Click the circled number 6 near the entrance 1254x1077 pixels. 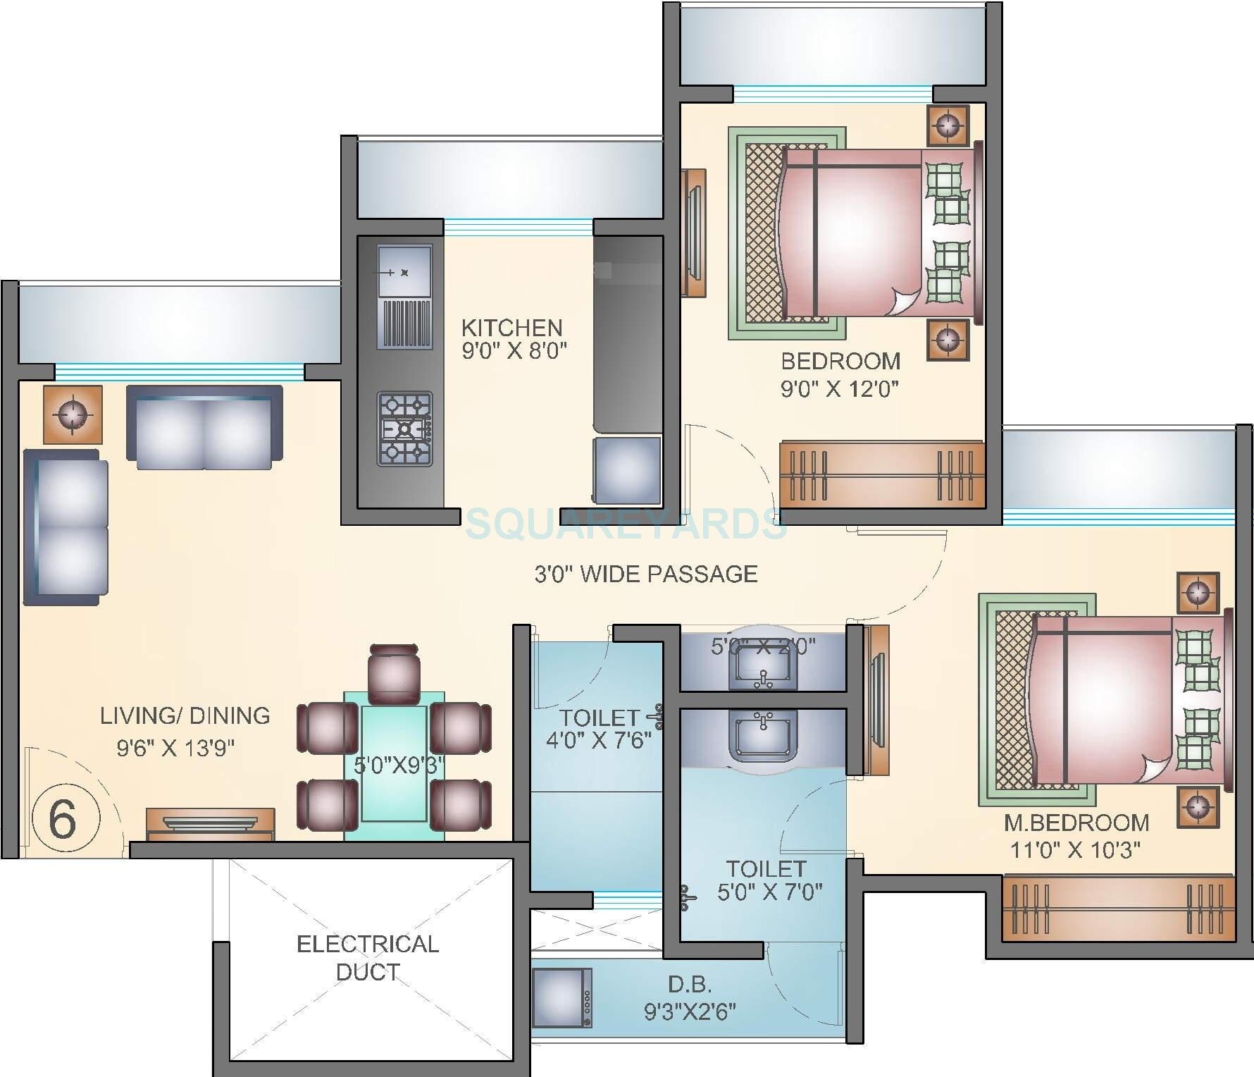(63, 818)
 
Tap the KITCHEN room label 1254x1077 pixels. (512, 328)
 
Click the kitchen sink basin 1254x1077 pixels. (404, 271)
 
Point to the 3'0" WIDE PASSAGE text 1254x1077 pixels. (646, 574)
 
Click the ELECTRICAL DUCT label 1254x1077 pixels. (368, 958)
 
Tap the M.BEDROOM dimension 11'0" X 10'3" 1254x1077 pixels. (1075, 849)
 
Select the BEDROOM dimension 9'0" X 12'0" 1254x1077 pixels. (840, 388)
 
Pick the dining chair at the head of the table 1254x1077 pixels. (394, 674)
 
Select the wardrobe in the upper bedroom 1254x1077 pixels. (881, 474)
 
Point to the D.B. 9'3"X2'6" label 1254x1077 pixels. (690, 998)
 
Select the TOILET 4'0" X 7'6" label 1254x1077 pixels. (598, 729)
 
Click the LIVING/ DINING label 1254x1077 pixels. (185, 715)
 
